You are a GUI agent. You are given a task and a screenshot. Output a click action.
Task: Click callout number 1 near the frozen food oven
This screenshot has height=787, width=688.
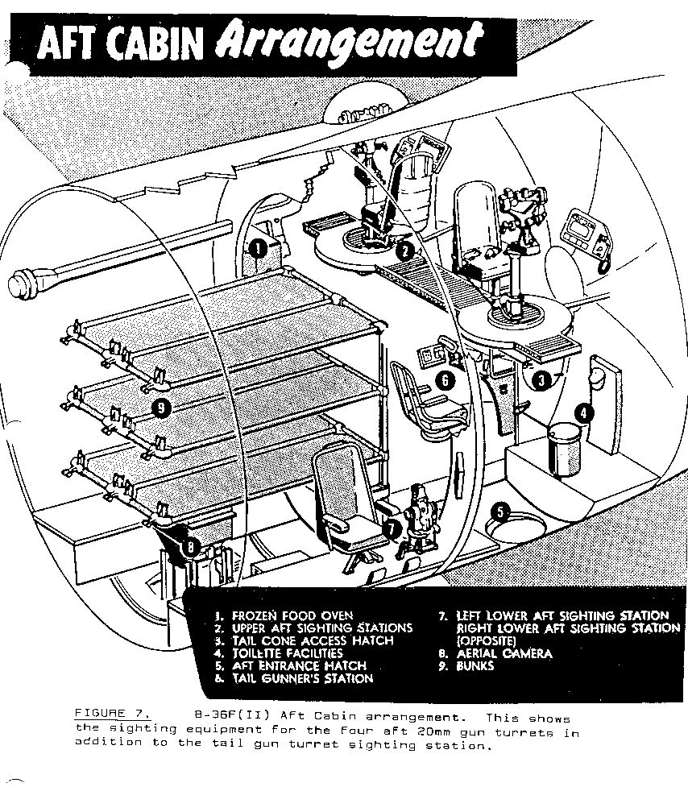pos(258,248)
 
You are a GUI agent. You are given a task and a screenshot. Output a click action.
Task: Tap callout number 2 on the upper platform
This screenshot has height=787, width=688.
pos(404,251)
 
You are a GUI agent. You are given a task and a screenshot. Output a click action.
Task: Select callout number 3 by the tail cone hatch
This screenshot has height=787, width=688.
pos(541,380)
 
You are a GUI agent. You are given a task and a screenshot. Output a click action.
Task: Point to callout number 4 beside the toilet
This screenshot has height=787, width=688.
pos(583,413)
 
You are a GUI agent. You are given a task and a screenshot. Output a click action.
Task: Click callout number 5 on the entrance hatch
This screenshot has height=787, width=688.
pos(500,512)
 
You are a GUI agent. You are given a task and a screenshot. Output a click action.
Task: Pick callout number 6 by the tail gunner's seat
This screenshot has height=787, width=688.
pos(446,380)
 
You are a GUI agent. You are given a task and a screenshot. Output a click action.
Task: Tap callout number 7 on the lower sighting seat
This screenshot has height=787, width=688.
pos(392,528)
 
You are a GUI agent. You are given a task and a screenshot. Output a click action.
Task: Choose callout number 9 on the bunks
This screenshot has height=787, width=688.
pos(161,408)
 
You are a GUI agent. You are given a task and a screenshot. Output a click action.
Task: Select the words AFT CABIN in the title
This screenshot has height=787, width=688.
pos(120,43)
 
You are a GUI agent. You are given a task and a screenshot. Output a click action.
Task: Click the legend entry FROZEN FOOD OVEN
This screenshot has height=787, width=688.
pos(292,616)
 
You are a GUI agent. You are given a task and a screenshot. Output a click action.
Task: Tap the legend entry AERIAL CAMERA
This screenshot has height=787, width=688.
pos(504,653)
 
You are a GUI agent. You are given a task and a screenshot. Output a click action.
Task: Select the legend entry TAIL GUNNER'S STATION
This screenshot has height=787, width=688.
pos(303,678)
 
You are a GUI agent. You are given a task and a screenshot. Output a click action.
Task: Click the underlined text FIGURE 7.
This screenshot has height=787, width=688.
pos(112,713)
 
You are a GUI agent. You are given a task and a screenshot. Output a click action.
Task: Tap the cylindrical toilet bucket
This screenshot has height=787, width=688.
pos(565,449)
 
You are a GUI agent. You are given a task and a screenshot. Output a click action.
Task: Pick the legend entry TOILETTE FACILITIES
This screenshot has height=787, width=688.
pos(287,653)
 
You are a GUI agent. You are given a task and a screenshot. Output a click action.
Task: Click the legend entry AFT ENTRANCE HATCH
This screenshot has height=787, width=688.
pos(299,666)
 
